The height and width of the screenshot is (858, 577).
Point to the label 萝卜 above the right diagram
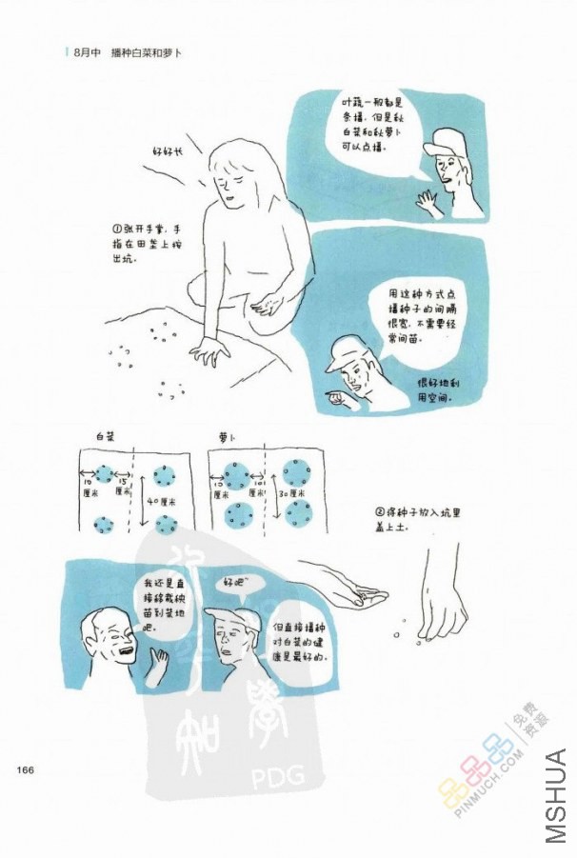(226, 436)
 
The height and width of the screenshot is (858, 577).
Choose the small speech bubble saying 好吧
(236, 579)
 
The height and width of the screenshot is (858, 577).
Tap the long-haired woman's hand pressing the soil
(210, 353)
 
